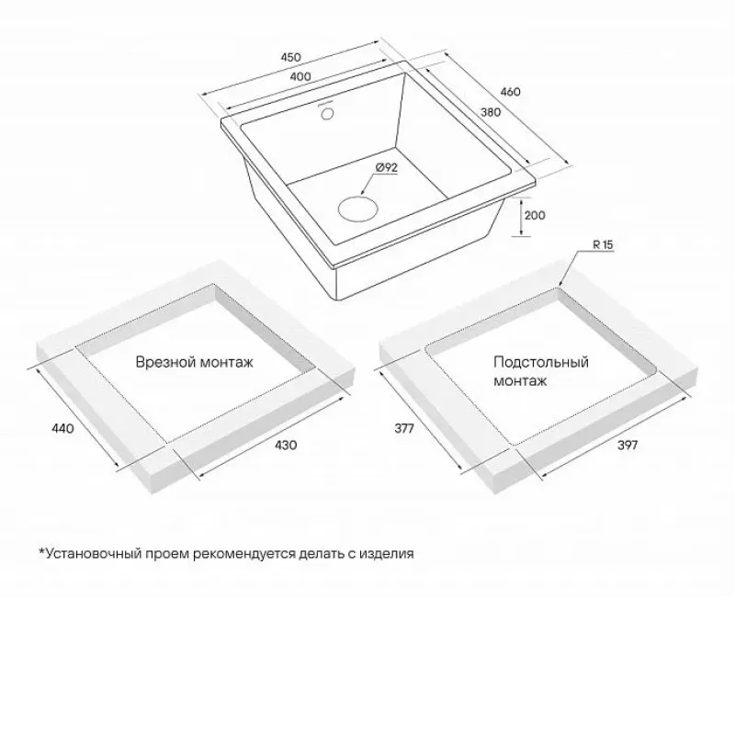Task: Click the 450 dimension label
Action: pyautogui.click(x=290, y=57)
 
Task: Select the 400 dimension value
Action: pyautogui.click(x=300, y=76)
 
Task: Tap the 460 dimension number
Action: pyautogui.click(x=510, y=91)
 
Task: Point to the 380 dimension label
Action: pyautogui.click(x=491, y=112)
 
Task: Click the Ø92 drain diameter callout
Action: pyautogui.click(x=387, y=167)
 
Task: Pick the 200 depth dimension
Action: pyautogui.click(x=535, y=215)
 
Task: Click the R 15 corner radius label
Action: pyautogui.click(x=603, y=244)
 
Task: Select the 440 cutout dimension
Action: pyautogui.click(x=62, y=428)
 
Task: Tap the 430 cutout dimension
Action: pyautogui.click(x=286, y=445)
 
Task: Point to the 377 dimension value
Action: pyautogui.click(x=404, y=428)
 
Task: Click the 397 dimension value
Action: pyautogui.click(x=628, y=445)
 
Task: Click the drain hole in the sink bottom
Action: pyautogui.click(x=358, y=209)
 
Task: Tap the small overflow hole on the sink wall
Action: pyautogui.click(x=327, y=113)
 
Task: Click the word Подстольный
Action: pyautogui.click(x=541, y=362)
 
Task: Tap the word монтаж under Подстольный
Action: pyautogui.click(x=520, y=381)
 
